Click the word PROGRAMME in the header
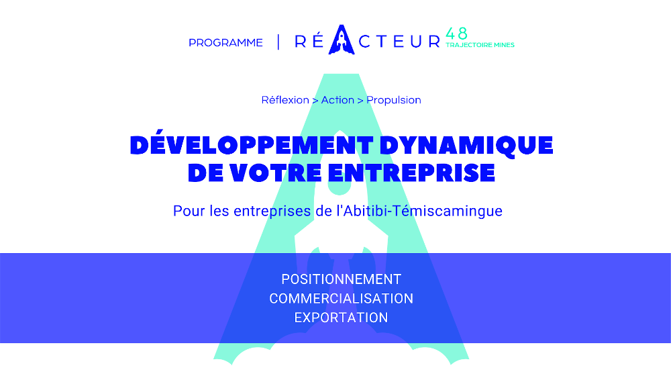click(225, 43)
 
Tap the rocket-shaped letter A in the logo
click(342, 40)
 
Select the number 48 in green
click(456, 34)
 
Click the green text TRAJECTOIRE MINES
click(480, 45)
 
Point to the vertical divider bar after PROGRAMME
click(278, 42)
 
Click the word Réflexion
click(285, 100)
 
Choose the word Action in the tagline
click(338, 100)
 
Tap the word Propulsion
click(394, 100)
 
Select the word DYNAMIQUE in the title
click(466, 145)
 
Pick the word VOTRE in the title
click(276, 173)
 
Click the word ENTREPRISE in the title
click(412, 173)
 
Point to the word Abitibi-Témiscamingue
click(423, 211)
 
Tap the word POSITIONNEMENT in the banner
click(341, 279)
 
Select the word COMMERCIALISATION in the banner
click(341, 298)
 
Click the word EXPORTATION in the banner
click(341, 318)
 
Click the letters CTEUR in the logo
click(399, 42)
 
